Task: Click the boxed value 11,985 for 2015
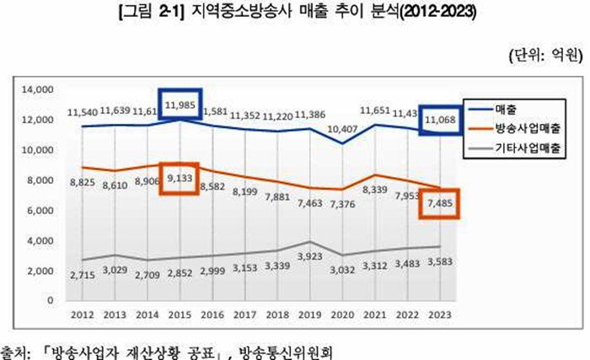click(181, 105)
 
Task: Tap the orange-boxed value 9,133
click(181, 179)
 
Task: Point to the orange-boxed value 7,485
click(440, 203)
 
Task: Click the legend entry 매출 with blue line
click(507, 110)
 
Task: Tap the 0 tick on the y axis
click(50, 299)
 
